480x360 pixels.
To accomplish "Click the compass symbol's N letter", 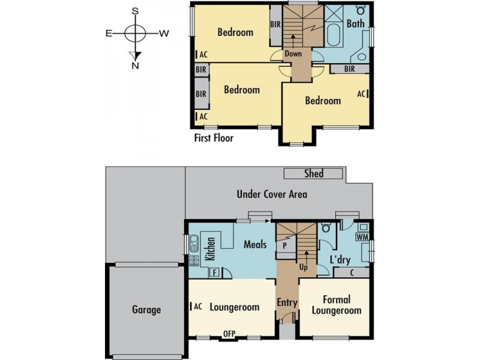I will coord(136,66).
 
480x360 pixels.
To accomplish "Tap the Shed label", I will coord(314,173).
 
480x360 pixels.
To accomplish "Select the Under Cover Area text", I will coord(272,194).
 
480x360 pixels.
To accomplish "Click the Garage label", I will coord(146,310).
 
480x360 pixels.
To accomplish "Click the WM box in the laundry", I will coord(361,237).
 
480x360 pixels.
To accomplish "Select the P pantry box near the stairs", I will coord(284,246).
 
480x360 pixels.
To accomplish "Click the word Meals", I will coord(255,244).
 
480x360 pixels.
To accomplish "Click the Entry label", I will coord(287,303).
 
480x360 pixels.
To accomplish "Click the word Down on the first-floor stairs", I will coord(293,53).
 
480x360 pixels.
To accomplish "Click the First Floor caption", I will coord(214,138).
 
